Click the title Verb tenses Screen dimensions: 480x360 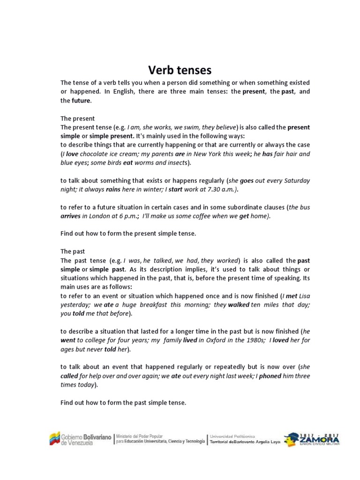[x=180, y=70]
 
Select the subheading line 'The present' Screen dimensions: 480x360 [x=78, y=118]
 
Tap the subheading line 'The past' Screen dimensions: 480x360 [x=73, y=251]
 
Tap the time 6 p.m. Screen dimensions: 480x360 [x=136, y=216]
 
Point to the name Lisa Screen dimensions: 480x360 [x=304, y=296]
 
